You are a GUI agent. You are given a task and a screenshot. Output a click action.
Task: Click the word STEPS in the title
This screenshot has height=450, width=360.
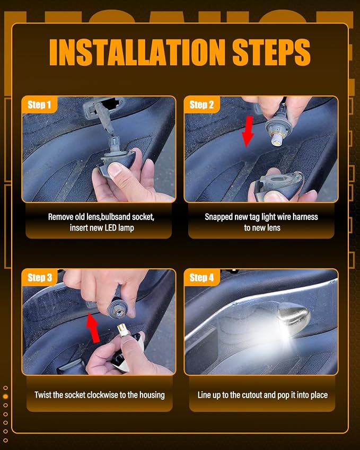click(271, 52)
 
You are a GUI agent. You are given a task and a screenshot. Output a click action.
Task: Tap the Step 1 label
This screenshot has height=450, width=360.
click(39, 105)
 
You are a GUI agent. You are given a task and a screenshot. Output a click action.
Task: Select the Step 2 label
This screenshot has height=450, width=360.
click(201, 105)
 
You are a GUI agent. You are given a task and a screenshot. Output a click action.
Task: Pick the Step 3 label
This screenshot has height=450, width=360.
click(40, 278)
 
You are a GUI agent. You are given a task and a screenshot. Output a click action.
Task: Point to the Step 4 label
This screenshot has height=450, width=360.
click(202, 278)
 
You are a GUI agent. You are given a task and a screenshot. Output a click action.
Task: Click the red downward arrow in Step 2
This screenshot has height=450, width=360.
click(248, 132)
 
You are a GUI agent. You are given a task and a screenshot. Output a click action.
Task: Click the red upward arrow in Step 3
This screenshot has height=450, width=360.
click(93, 328)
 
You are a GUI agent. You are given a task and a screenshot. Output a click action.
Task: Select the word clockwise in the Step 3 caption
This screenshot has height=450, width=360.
click(102, 395)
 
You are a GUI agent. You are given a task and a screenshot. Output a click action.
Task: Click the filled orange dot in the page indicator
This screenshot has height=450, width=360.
click(5, 396)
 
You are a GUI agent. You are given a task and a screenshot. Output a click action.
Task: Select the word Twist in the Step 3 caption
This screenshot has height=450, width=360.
click(42, 395)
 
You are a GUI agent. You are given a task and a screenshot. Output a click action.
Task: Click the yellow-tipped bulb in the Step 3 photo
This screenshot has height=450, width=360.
click(123, 330)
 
